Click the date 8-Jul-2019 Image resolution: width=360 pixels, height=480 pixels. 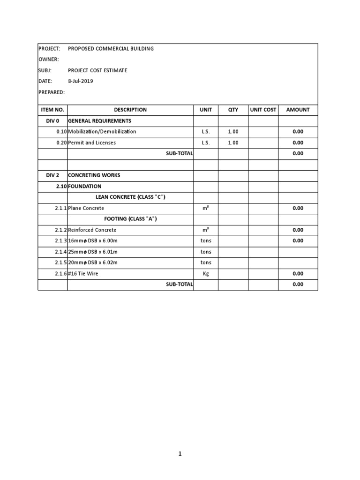[81, 81]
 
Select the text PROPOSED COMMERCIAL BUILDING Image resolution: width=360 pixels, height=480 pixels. [111, 48]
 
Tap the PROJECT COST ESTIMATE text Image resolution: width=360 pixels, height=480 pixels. [97, 70]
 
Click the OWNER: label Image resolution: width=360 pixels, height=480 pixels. [49, 60]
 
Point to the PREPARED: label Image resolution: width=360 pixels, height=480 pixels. [51, 92]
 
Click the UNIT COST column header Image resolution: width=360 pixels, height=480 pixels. [263, 110]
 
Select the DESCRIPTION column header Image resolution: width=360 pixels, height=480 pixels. [130, 110]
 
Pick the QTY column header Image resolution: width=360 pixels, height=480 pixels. [233, 110]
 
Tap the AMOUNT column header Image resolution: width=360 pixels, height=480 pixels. [298, 110]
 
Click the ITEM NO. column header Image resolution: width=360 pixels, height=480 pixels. [52, 110]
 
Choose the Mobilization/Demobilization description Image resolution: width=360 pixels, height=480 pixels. [102, 132]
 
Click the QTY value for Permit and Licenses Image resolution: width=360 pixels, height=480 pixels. [233, 142]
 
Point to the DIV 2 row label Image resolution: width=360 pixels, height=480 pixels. [52, 175]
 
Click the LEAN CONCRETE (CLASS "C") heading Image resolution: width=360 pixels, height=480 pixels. [130, 197]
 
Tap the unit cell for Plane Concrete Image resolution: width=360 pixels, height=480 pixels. [206, 208]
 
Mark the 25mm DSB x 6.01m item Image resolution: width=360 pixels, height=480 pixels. [93, 252]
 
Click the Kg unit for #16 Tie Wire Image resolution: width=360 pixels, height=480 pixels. [206, 274]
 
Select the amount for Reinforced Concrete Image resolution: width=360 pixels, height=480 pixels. [298, 230]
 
